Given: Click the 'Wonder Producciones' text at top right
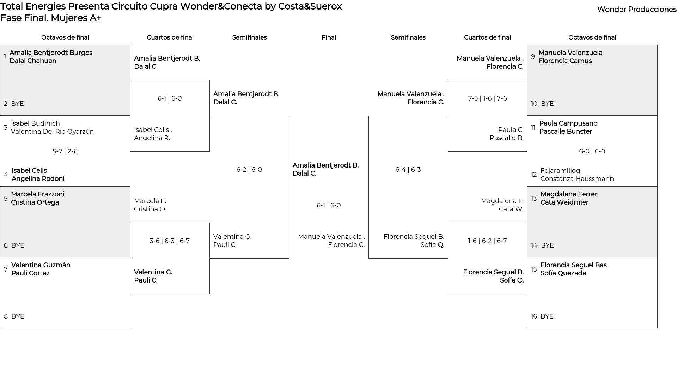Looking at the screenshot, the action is pyautogui.click(x=637, y=10).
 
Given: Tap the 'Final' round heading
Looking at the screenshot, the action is pyautogui.click(x=329, y=37).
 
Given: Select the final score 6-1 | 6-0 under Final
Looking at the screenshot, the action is pyautogui.click(x=329, y=205).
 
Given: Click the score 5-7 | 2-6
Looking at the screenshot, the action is pyautogui.click(x=65, y=151).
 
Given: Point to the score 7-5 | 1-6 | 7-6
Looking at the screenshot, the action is pyautogui.click(x=487, y=98).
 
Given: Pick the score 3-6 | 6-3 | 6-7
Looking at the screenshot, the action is pyautogui.click(x=170, y=241).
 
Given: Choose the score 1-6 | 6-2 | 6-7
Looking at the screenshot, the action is pyautogui.click(x=487, y=241).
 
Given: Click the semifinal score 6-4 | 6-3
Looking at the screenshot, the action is pyautogui.click(x=408, y=170).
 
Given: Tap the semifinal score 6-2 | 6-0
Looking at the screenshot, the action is pyautogui.click(x=249, y=170).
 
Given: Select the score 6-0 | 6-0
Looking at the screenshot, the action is pyautogui.click(x=592, y=151).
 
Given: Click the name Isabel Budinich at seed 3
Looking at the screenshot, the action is pyautogui.click(x=35, y=123).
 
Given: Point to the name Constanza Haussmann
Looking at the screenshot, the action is pyautogui.click(x=577, y=179).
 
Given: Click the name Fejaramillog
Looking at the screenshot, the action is pyautogui.click(x=560, y=171).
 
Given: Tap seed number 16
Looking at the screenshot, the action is pyautogui.click(x=534, y=316).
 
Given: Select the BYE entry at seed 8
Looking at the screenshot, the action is pyautogui.click(x=18, y=316).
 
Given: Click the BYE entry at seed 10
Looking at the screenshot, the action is pyautogui.click(x=547, y=104).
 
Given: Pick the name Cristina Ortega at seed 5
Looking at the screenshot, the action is pyautogui.click(x=35, y=202).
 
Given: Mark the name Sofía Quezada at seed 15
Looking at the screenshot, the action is pyautogui.click(x=563, y=273).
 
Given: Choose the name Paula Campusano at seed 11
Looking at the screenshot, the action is pyautogui.click(x=568, y=123).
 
